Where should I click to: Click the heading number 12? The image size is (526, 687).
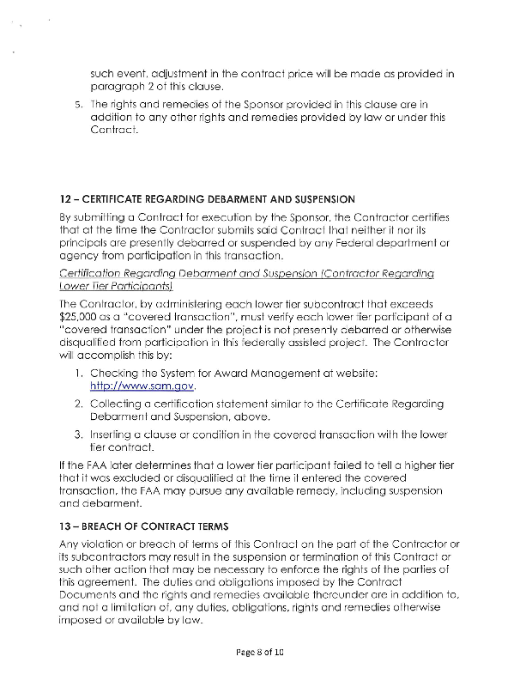66,200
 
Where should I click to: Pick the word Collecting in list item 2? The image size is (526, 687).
120,404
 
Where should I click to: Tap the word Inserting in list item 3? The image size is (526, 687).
117,435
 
